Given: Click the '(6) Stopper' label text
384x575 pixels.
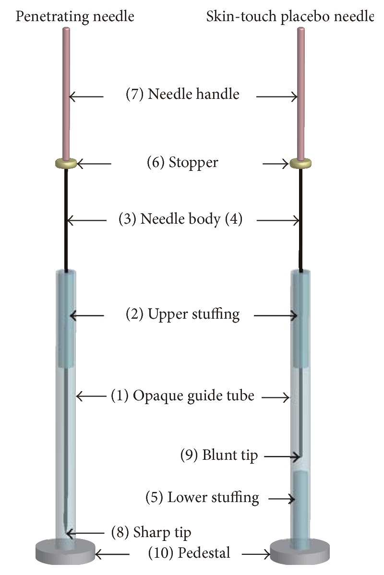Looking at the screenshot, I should [182, 162].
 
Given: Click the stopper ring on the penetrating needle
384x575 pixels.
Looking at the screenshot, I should [66, 163].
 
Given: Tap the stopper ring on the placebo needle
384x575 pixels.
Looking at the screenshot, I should [300, 163].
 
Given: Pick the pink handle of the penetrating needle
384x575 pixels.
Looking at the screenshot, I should [66, 91].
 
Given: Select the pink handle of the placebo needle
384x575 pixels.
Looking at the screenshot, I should [301, 91].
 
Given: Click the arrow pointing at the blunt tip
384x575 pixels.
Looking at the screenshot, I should [281, 456].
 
